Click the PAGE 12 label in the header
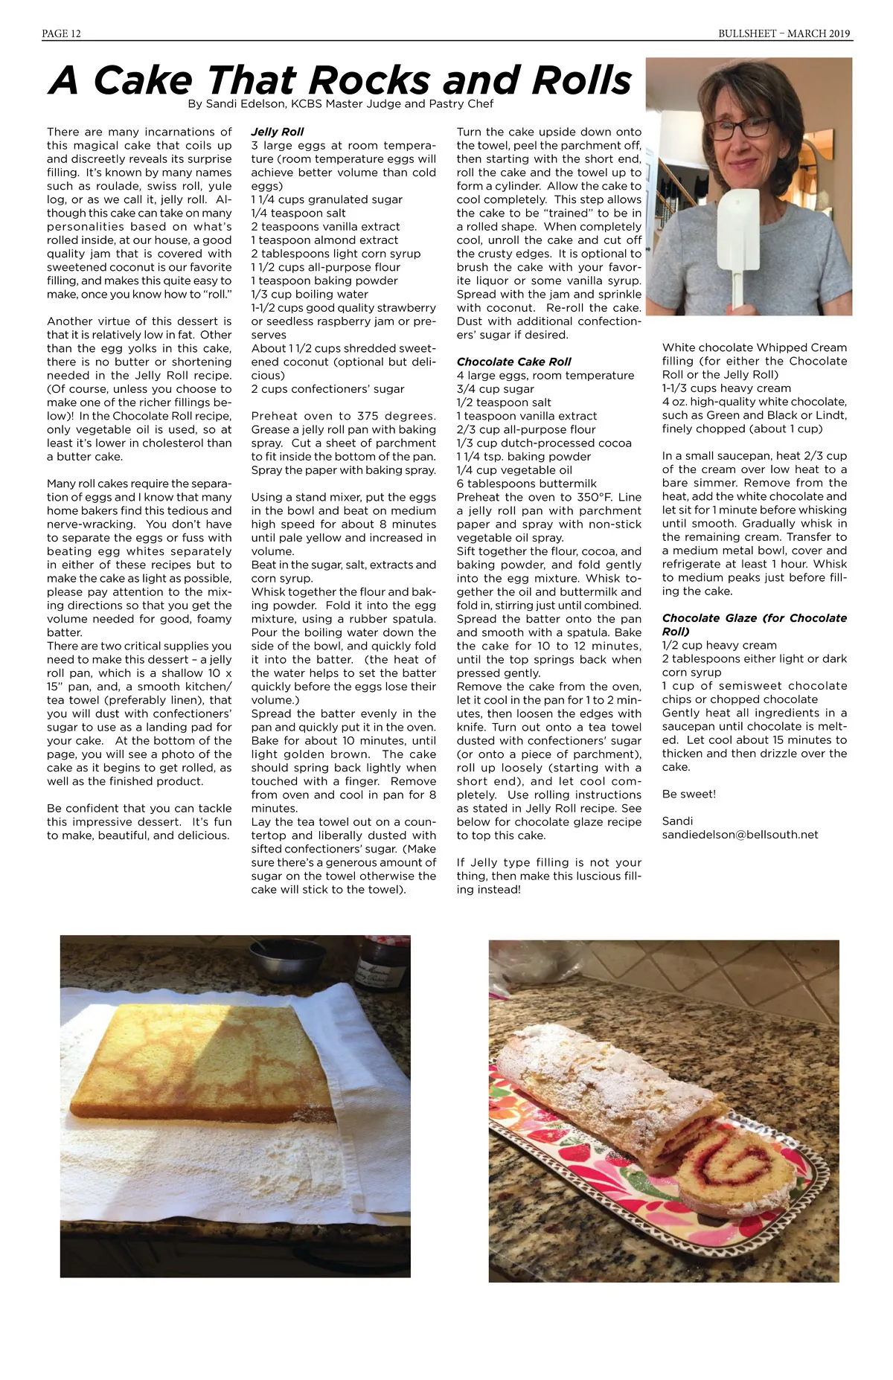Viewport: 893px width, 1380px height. coord(61,33)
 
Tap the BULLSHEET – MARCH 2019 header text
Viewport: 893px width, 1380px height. coord(784,33)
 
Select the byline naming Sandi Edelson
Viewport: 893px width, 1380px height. coord(341,104)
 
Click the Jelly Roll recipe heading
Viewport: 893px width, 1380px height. coord(278,132)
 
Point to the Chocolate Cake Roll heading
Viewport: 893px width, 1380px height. coord(513,362)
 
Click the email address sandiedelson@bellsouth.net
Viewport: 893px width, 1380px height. coord(740,835)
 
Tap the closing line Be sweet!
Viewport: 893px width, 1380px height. coord(688,794)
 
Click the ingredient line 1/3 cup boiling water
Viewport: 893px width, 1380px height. coord(310,294)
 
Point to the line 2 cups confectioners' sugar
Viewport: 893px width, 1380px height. coord(327,389)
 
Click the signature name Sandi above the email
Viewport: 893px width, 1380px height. coord(677,821)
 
